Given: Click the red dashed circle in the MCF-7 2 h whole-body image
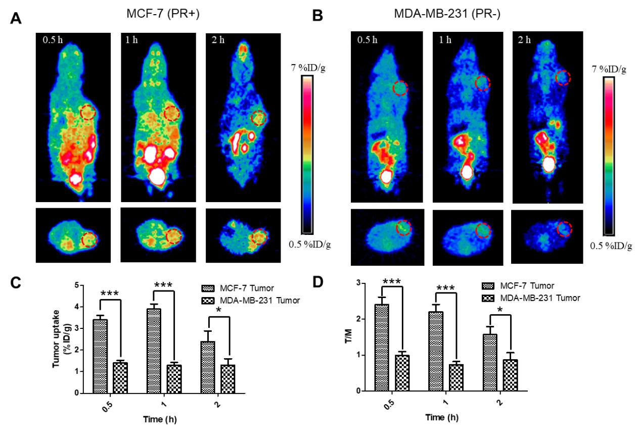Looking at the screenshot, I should [x=259, y=118].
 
